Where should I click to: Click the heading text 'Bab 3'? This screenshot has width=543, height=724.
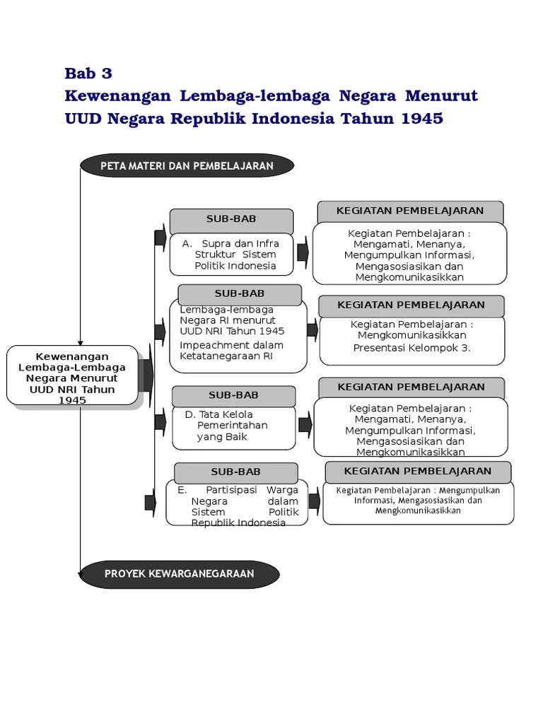[88, 74]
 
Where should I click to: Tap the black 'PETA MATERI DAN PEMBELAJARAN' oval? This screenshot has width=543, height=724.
[187, 165]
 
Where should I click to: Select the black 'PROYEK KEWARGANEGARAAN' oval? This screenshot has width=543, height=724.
[179, 573]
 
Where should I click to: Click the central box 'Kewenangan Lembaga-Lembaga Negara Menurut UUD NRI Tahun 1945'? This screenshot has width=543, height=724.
[73, 375]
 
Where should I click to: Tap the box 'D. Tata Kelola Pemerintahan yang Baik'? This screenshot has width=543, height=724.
[233, 426]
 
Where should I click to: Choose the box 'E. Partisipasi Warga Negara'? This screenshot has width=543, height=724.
[238, 505]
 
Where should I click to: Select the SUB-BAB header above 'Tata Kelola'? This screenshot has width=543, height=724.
[233, 395]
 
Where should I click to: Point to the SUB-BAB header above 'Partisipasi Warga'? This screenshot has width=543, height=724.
[235, 472]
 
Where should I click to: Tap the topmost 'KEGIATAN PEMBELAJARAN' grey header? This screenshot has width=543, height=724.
[410, 211]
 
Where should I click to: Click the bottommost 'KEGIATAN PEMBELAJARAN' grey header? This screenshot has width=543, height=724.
[417, 472]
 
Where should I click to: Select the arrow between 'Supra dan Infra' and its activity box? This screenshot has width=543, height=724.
[303, 252]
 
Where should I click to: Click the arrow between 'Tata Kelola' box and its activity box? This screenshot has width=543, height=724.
[305, 425]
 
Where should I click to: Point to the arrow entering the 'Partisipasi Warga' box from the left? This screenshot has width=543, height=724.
[150, 502]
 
